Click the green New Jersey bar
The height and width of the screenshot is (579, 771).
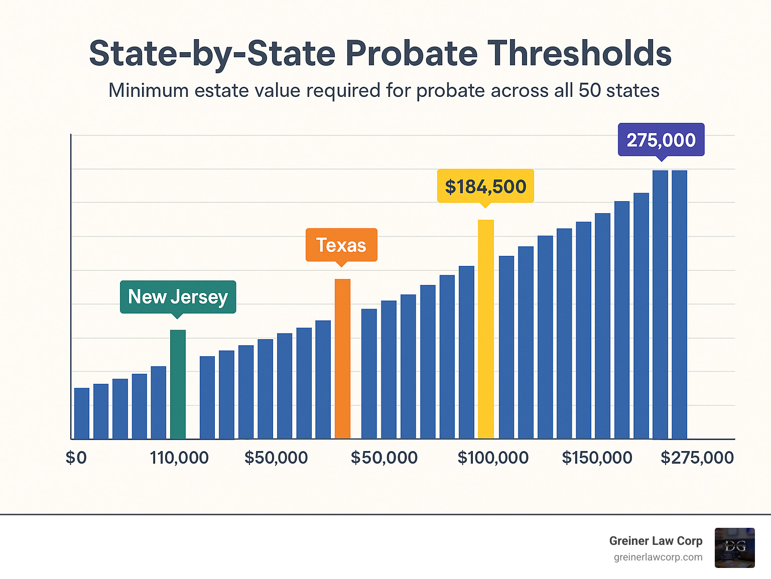178,384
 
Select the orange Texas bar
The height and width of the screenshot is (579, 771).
342,359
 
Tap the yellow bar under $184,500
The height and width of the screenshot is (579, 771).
485,329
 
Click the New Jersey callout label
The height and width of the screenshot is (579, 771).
178,297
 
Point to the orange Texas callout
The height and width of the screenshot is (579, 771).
341,245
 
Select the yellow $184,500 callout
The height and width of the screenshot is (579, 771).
485,186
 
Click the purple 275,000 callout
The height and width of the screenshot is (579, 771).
661,139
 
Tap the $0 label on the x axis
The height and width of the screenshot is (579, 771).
76,458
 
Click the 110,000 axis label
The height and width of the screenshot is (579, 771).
179,458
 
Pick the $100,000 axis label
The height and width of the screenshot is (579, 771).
493,458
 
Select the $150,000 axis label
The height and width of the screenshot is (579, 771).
597,458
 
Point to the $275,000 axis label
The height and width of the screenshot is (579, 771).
697,458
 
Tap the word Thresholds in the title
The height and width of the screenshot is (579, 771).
579,54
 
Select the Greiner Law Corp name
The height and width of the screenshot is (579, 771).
656,541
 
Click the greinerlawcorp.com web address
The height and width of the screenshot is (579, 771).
658,557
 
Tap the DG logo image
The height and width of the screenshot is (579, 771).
734,547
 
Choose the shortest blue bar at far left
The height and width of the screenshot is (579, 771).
82,413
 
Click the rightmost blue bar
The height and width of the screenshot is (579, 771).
679,305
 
